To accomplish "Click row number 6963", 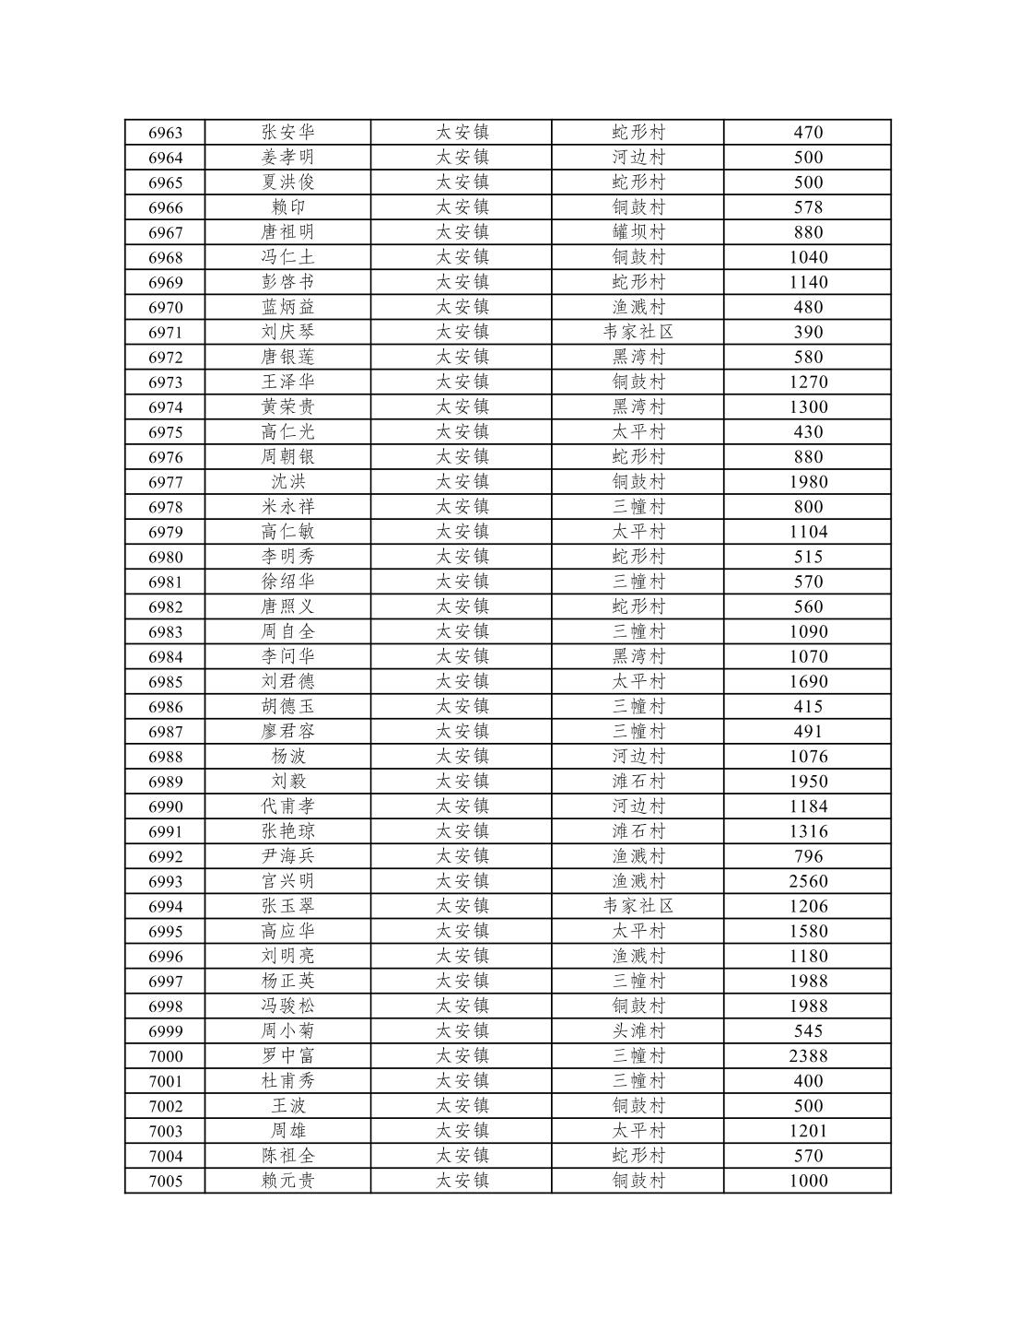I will pyautogui.click(x=166, y=133).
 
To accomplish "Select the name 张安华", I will pyautogui.click(x=287, y=133).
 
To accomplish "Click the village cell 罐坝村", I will pyautogui.click(x=638, y=232).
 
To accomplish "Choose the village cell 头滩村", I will pyautogui.click(x=638, y=1031).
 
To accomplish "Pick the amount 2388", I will pyautogui.click(x=808, y=1056).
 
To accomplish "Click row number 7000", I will pyautogui.click(x=166, y=1056).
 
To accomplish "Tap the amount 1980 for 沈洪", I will pyautogui.click(x=808, y=482).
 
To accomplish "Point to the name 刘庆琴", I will pyautogui.click(x=287, y=333).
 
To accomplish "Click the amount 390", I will pyautogui.click(x=808, y=333).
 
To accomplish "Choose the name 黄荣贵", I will pyautogui.click(x=287, y=407).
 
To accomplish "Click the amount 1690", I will pyautogui.click(x=808, y=682).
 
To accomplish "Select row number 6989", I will pyautogui.click(x=166, y=782).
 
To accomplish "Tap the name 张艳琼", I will pyautogui.click(x=287, y=831).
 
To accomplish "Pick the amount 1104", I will pyautogui.click(x=808, y=532).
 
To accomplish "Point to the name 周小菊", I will pyautogui.click(x=287, y=1031).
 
